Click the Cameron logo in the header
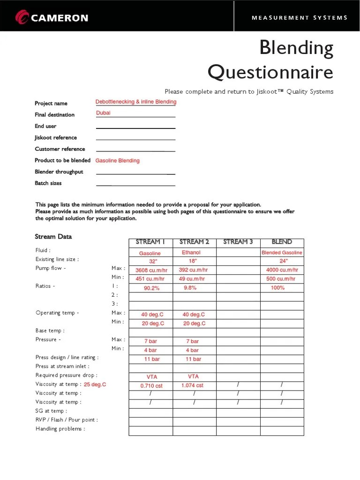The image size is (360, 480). pos(52,18)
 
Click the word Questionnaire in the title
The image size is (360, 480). pos(270,73)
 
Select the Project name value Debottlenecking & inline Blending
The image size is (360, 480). pos(136,102)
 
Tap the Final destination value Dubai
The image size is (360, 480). pos(103,113)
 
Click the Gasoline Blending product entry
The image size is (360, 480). pos(118,160)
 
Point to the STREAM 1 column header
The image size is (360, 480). pos(150,242)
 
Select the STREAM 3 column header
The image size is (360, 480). pos(238,242)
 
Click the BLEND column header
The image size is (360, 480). pos(282,242)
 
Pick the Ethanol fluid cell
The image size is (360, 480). pos(191,253)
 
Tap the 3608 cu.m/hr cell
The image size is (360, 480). pos(150,270)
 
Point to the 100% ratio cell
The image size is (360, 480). pos(277,288)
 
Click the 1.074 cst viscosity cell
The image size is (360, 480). pos(192,385)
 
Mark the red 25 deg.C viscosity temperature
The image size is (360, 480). pos(95,384)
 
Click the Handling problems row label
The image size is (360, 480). pos(60,429)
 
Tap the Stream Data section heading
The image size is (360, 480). pos(53,237)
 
